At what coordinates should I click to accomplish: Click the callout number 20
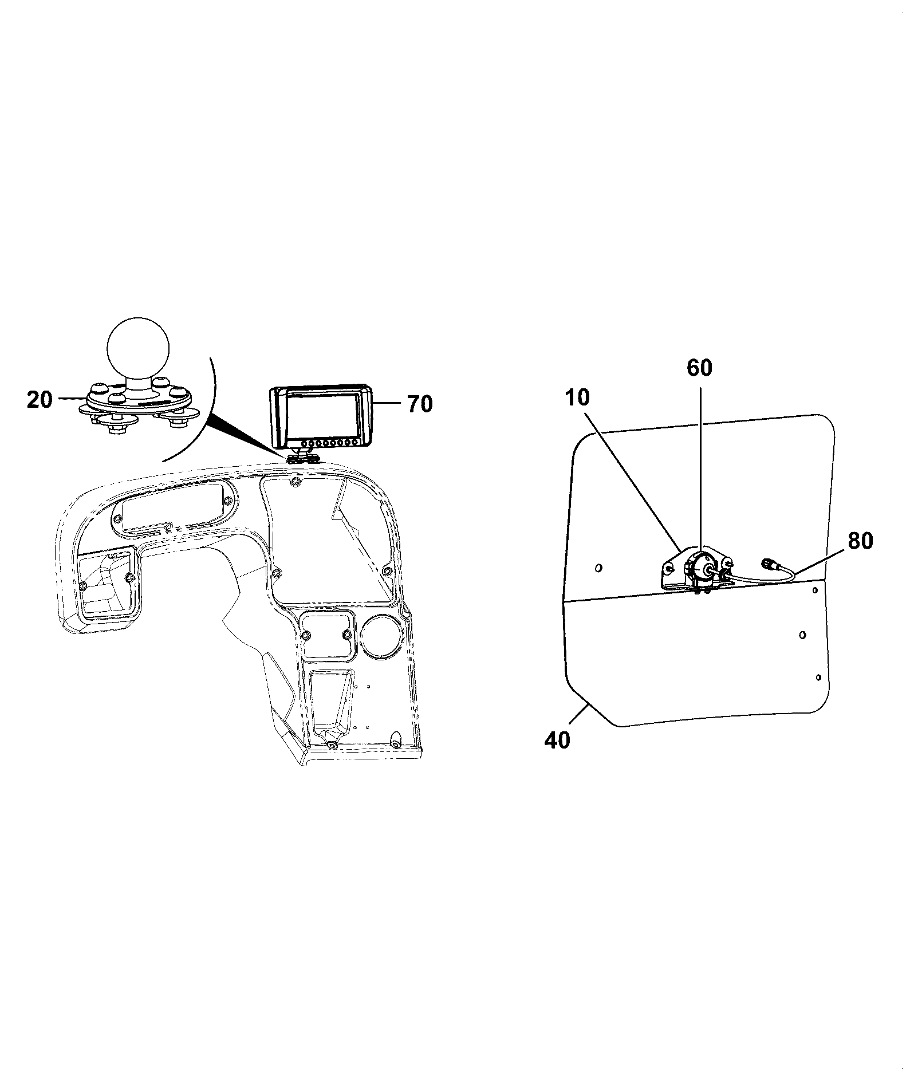tap(40, 399)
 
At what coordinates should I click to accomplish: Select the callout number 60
tap(699, 368)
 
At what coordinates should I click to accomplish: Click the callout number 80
tap(861, 541)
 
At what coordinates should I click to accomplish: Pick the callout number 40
tap(557, 740)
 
